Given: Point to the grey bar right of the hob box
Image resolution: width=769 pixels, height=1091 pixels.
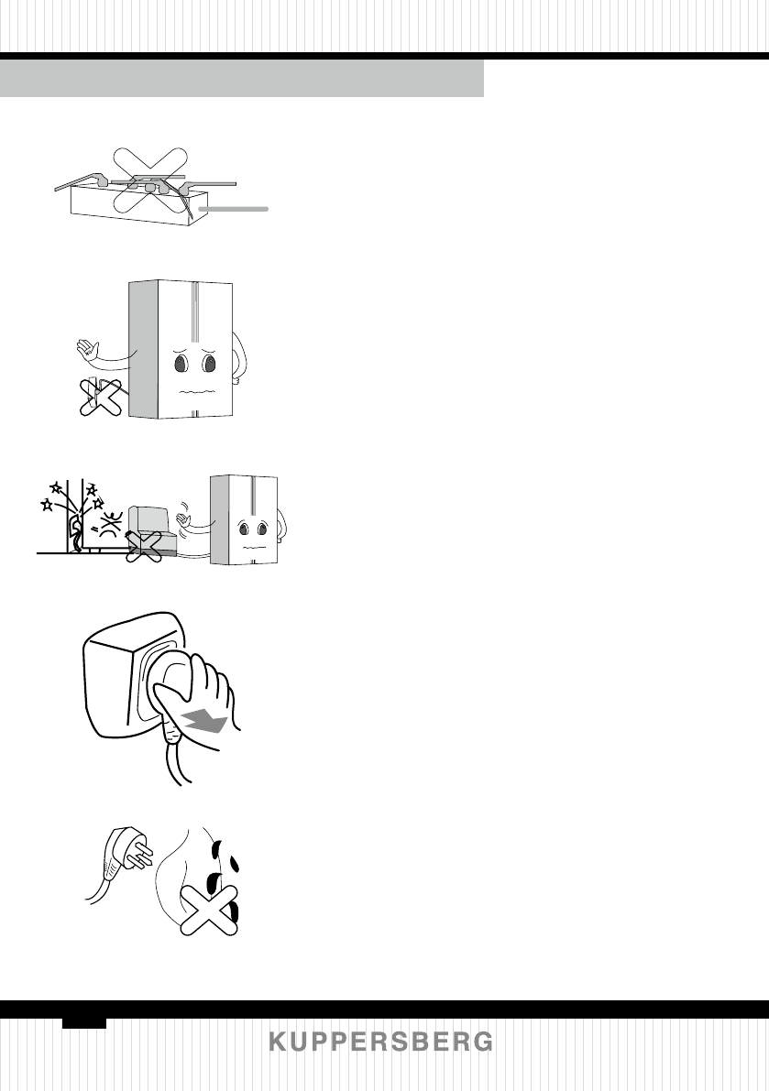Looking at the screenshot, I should pyautogui.click(x=234, y=210).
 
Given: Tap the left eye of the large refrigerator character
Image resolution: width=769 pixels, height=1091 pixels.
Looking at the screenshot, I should pyautogui.click(x=181, y=365).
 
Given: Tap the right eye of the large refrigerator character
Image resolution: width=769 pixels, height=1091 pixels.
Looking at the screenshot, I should pyautogui.click(x=210, y=365).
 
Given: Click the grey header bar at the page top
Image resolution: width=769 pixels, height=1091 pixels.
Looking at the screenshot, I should pyautogui.click(x=242, y=79).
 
